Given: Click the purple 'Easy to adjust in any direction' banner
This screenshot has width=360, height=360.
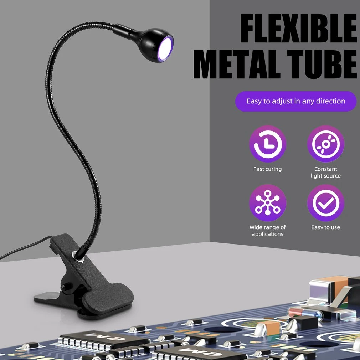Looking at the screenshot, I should [x=295, y=101].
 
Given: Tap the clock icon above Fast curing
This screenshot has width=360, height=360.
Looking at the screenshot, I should [x=267, y=144].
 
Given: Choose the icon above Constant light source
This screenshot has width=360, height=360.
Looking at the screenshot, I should [x=325, y=144].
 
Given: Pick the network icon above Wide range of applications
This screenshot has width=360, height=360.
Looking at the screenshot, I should [x=267, y=203].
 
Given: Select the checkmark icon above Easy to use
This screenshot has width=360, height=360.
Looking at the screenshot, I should [x=325, y=203].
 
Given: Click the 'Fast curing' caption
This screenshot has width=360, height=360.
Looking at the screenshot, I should [x=267, y=169].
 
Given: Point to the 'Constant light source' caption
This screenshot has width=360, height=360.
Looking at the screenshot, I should [x=325, y=173].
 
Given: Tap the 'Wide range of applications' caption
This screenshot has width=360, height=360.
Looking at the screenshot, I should [x=267, y=231].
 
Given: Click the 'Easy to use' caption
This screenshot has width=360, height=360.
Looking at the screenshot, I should [x=325, y=227].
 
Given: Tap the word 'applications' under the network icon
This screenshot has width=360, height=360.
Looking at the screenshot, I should [x=267, y=234].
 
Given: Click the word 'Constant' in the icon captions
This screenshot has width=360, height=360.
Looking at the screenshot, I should [x=325, y=169].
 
